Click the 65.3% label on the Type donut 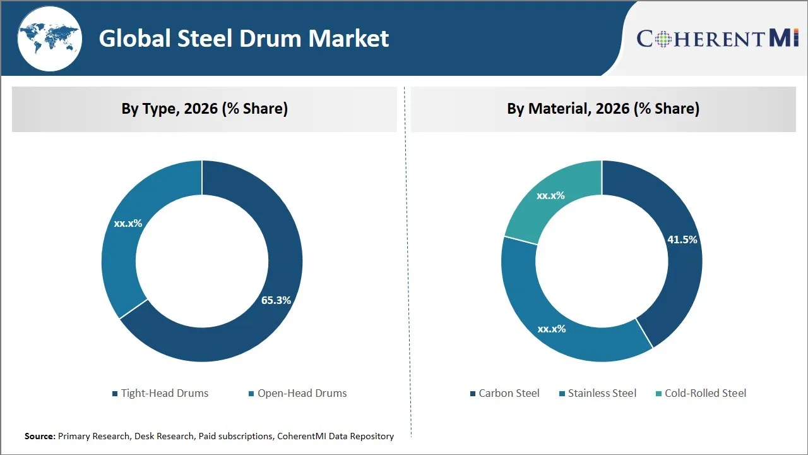point(276,300)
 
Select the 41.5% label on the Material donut point(682,240)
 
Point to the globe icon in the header point(49,39)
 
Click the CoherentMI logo point(718,39)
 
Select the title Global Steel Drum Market point(244,39)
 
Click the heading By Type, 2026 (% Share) point(205,109)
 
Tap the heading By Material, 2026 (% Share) point(603,109)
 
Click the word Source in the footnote point(40,436)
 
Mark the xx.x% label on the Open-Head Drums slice point(128,223)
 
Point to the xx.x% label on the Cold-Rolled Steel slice point(550,195)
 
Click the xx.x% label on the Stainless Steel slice point(551,329)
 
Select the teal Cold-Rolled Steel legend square point(659,394)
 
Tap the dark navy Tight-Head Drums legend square point(115,394)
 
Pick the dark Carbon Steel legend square point(473,394)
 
